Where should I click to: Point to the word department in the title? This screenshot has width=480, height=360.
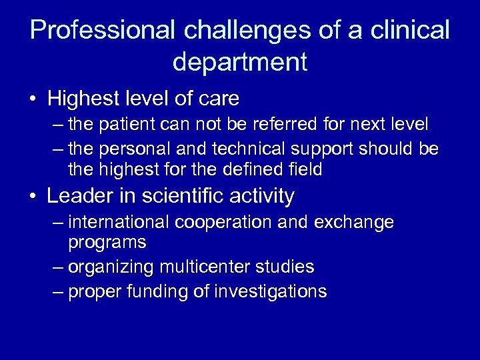point(240,62)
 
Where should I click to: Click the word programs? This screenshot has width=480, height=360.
point(107,243)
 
